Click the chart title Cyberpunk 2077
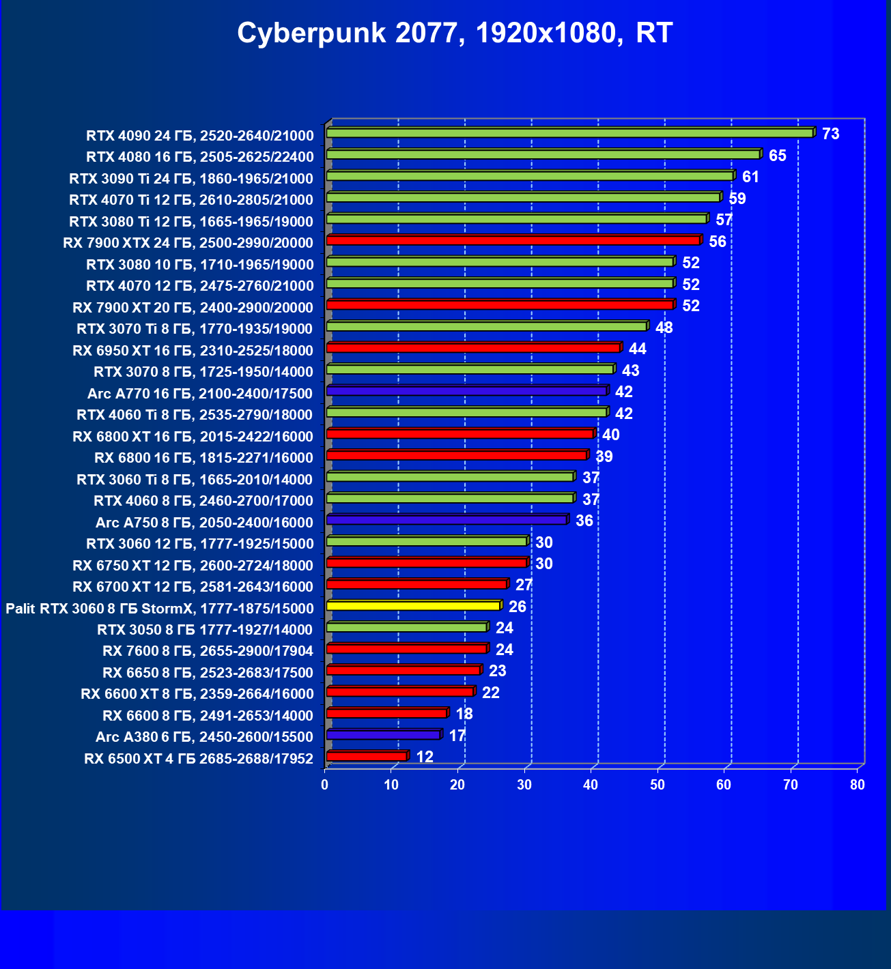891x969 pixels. click(x=455, y=33)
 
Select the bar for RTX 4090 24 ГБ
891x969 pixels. click(x=569, y=133)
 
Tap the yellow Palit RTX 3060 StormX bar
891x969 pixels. click(x=413, y=606)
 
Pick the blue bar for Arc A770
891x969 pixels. click(x=466, y=391)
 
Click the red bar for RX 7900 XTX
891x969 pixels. click(x=513, y=240)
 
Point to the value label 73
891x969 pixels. click(x=830, y=134)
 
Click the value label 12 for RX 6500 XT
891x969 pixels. click(x=425, y=757)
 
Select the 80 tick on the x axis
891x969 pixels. click(x=858, y=785)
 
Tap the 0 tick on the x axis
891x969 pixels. click(x=325, y=785)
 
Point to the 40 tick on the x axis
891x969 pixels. click(x=591, y=785)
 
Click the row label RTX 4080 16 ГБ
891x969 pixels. click(x=200, y=157)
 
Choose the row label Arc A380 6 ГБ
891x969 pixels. click(x=204, y=737)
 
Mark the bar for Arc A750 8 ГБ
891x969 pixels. click(x=447, y=520)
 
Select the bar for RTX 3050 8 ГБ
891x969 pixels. click(x=406, y=627)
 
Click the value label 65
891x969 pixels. click(x=777, y=156)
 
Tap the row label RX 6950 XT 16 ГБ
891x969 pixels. click(x=193, y=351)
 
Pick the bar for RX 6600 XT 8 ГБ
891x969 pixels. click(x=399, y=692)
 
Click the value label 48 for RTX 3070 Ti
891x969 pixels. click(x=664, y=328)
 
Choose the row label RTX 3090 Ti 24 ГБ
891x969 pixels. click(x=191, y=179)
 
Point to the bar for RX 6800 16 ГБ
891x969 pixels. click(x=456, y=455)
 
